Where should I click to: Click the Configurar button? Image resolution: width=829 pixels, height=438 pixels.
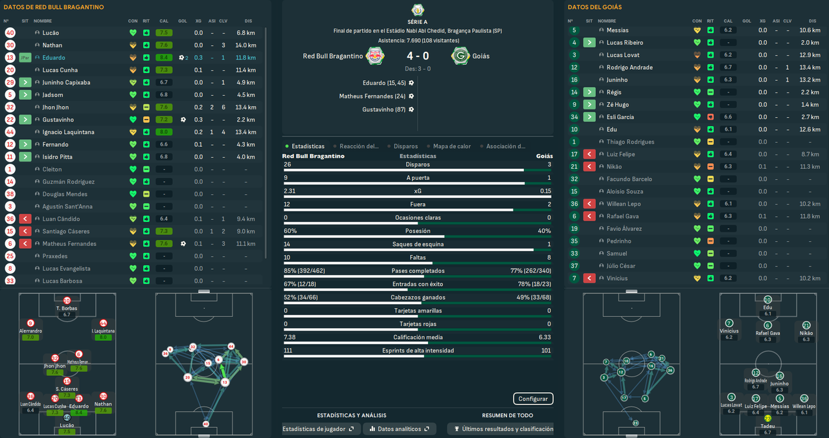point(533,399)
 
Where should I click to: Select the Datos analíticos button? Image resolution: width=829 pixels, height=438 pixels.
point(399,429)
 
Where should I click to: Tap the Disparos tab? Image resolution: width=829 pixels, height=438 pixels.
point(405,146)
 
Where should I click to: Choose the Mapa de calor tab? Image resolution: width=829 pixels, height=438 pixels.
point(451,146)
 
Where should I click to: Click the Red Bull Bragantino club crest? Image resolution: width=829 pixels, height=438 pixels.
point(374,56)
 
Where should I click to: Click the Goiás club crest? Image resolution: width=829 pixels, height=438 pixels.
point(460,56)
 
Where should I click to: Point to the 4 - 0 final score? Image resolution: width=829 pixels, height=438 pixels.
point(417,56)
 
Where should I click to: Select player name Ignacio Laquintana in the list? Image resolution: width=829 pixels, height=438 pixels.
point(69,132)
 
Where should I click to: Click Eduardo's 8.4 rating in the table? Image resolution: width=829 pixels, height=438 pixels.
point(164,58)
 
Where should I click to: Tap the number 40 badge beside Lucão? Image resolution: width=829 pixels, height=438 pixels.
point(10,32)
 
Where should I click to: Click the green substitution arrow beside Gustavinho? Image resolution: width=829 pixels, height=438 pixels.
point(25,120)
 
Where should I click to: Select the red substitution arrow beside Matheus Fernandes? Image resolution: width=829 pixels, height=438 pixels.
point(25,244)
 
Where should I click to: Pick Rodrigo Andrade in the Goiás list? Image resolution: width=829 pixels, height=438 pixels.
point(630,67)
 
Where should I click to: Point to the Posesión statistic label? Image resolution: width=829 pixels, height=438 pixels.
point(417,231)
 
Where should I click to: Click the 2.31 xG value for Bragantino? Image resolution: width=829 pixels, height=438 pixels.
point(290,191)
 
